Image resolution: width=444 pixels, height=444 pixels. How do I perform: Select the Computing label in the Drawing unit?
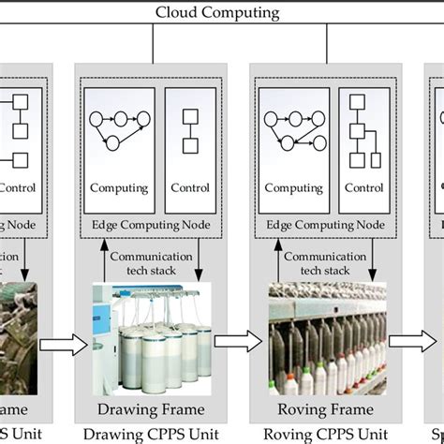119,188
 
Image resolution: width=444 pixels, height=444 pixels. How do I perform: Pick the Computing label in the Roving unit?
293,188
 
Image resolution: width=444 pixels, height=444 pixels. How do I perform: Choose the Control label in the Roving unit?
363,188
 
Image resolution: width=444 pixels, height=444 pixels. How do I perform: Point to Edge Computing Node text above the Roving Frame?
326,225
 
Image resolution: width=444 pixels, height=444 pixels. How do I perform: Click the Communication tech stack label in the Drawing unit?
151,263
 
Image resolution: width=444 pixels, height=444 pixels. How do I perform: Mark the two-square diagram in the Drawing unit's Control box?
189,131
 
